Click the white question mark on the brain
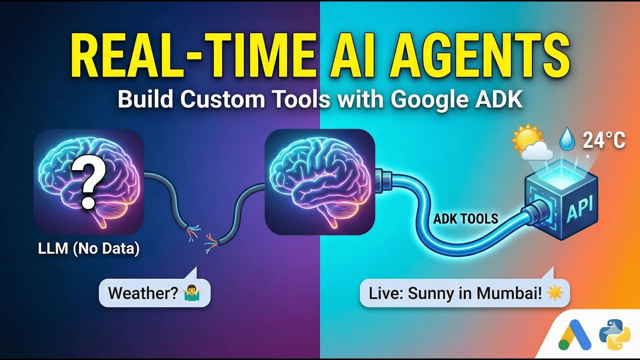[x=88, y=180]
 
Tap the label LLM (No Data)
[x=89, y=248]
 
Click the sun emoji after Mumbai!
[x=554, y=293]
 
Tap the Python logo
[x=614, y=334]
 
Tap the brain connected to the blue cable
[x=320, y=181]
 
